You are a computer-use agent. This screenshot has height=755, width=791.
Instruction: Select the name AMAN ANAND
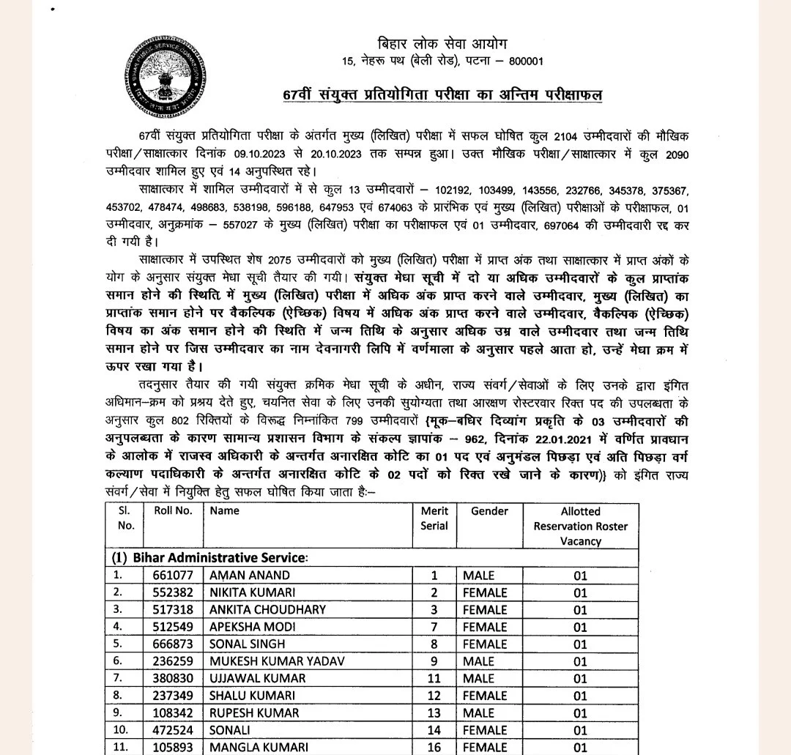(x=250, y=576)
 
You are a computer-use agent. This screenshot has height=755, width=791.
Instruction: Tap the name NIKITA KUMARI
(x=253, y=592)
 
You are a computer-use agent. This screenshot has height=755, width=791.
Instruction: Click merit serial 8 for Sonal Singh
(x=434, y=644)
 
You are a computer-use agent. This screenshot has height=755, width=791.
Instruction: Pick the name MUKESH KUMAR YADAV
(x=278, y=661)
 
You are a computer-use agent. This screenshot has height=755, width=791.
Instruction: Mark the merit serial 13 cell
(x=434, y=713)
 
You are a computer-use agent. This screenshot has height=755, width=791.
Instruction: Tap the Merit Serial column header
(x=434, y=518)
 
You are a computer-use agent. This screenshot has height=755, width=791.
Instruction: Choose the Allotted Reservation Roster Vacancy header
(x=580, y=526)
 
